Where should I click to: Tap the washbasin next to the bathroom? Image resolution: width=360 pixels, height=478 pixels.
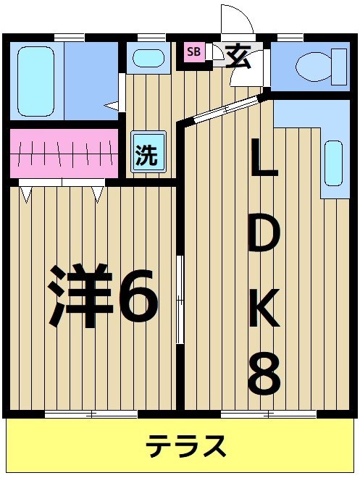click(x=148, y=58)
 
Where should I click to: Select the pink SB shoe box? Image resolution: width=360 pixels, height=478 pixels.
click(x=194, y=51)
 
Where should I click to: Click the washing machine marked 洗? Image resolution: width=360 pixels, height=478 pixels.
click(x=148, y=154)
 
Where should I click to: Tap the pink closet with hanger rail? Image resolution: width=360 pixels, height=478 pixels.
click(x=64, y=153)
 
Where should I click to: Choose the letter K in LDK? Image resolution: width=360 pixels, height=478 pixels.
click(x=264, y=308)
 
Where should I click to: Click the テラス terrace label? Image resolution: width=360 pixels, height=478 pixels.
click(x=186, y=446)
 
